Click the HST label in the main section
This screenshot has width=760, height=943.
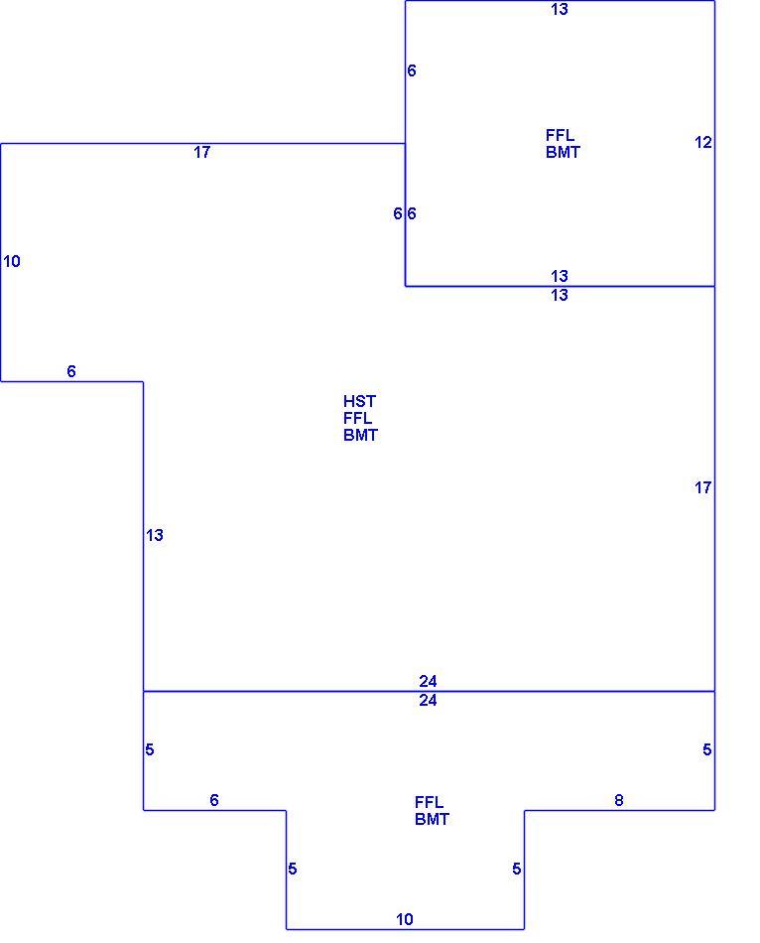359,401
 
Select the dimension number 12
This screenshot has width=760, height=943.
702,143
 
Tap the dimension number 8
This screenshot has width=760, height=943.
619,800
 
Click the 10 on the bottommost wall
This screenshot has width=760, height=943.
405,919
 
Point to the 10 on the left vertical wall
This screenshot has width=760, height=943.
12,262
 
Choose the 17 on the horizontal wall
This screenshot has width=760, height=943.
202,152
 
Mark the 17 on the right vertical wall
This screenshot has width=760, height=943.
702,487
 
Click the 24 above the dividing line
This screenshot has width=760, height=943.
428,681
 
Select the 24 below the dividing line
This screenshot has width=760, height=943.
428,701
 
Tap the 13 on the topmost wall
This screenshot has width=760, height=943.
560,10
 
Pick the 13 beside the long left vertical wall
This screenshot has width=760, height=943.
155,535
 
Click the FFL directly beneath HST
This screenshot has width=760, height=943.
358,418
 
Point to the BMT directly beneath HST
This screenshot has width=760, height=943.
361,435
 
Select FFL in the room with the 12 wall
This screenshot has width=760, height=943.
560,135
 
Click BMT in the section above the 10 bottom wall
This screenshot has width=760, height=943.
432,819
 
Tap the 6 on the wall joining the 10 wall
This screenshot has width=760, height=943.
71,371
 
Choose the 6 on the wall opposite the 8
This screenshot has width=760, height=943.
214,800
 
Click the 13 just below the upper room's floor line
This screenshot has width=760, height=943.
560,295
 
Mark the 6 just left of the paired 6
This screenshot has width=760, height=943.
398,213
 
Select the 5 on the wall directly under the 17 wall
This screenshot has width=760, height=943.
707,750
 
